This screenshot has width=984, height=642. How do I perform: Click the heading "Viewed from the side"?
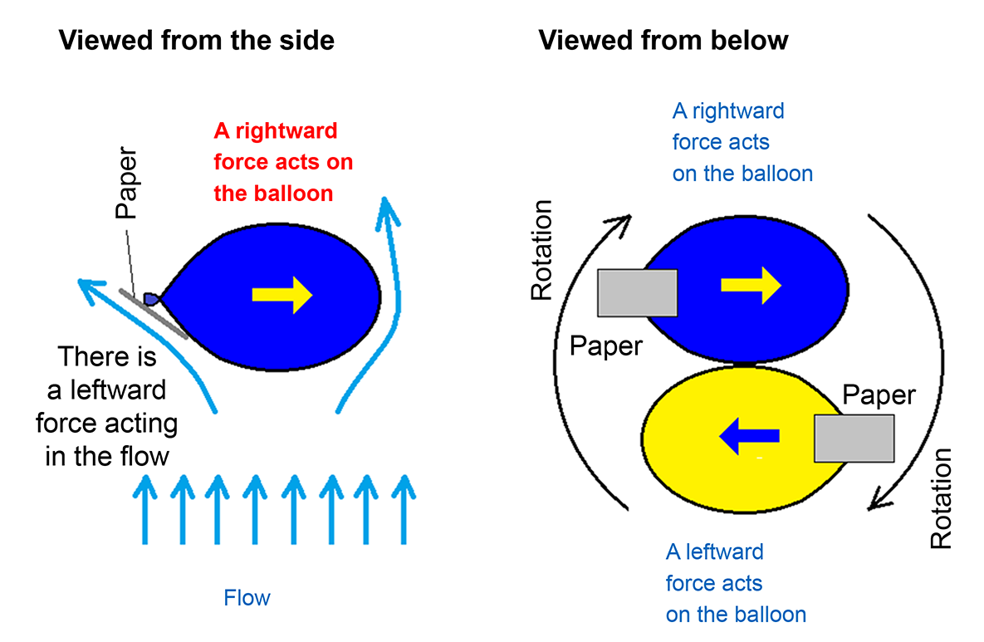tap(196, 39)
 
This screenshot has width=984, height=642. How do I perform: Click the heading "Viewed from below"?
tap(663, 39)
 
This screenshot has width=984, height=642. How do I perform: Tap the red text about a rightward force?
tap(283, 163)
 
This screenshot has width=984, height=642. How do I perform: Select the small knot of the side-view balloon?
tap(152, 297)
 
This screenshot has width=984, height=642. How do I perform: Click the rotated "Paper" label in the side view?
tap(126, 184)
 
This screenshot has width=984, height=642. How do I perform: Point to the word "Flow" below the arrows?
tap(247, 598)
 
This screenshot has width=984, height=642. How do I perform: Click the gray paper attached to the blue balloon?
tap(638, 292)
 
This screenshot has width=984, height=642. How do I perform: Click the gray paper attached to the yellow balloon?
tap(854, 439)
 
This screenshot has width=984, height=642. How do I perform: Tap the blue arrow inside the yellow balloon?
tap(749, 434)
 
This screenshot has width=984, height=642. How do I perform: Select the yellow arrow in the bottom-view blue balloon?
tap(751, 285)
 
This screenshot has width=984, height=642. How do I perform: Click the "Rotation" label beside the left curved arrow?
tap(541, 249)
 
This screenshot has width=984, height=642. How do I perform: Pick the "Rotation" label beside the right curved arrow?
tap(940, 498)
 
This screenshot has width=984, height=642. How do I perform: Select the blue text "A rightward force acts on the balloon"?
tap(742, 142)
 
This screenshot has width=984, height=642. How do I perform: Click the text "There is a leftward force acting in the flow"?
tap(107, 406)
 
